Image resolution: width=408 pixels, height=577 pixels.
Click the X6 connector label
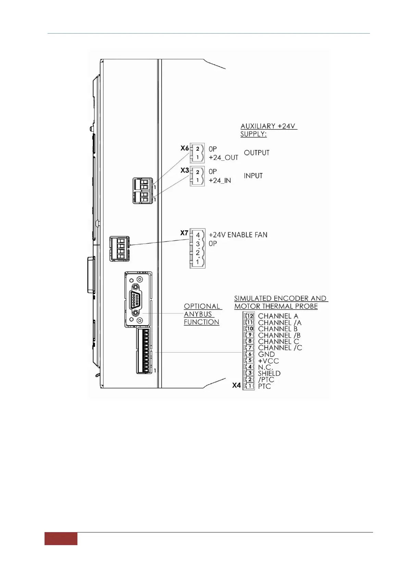point(185,148)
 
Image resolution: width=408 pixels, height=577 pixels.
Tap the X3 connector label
point(185,170)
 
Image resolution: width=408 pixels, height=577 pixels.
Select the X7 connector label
point(184,233)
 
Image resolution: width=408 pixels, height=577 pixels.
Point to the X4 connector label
point(236,385)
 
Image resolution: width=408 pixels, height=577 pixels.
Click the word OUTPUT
point(257,153)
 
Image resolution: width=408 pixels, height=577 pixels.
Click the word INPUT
point(253,176)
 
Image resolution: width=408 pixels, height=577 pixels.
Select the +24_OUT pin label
point(223,158)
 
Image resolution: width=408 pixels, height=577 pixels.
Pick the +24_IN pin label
point(220,181)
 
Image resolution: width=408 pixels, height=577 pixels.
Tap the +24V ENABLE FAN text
point(238,235)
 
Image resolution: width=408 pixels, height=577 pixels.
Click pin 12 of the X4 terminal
point(250,316)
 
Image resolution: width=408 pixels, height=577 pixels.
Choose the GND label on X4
point(266,354)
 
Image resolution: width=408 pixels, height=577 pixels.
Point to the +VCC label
point(268,361)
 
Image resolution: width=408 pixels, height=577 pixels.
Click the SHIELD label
point(269,373)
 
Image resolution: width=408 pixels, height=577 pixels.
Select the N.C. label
point(265,367)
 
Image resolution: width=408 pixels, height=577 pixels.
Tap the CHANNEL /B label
point(279,335)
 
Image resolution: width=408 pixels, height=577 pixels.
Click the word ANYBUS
point(198,314)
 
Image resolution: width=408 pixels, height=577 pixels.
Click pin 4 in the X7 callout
point(198,235)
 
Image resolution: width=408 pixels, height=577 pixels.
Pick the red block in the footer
point(61,539)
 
